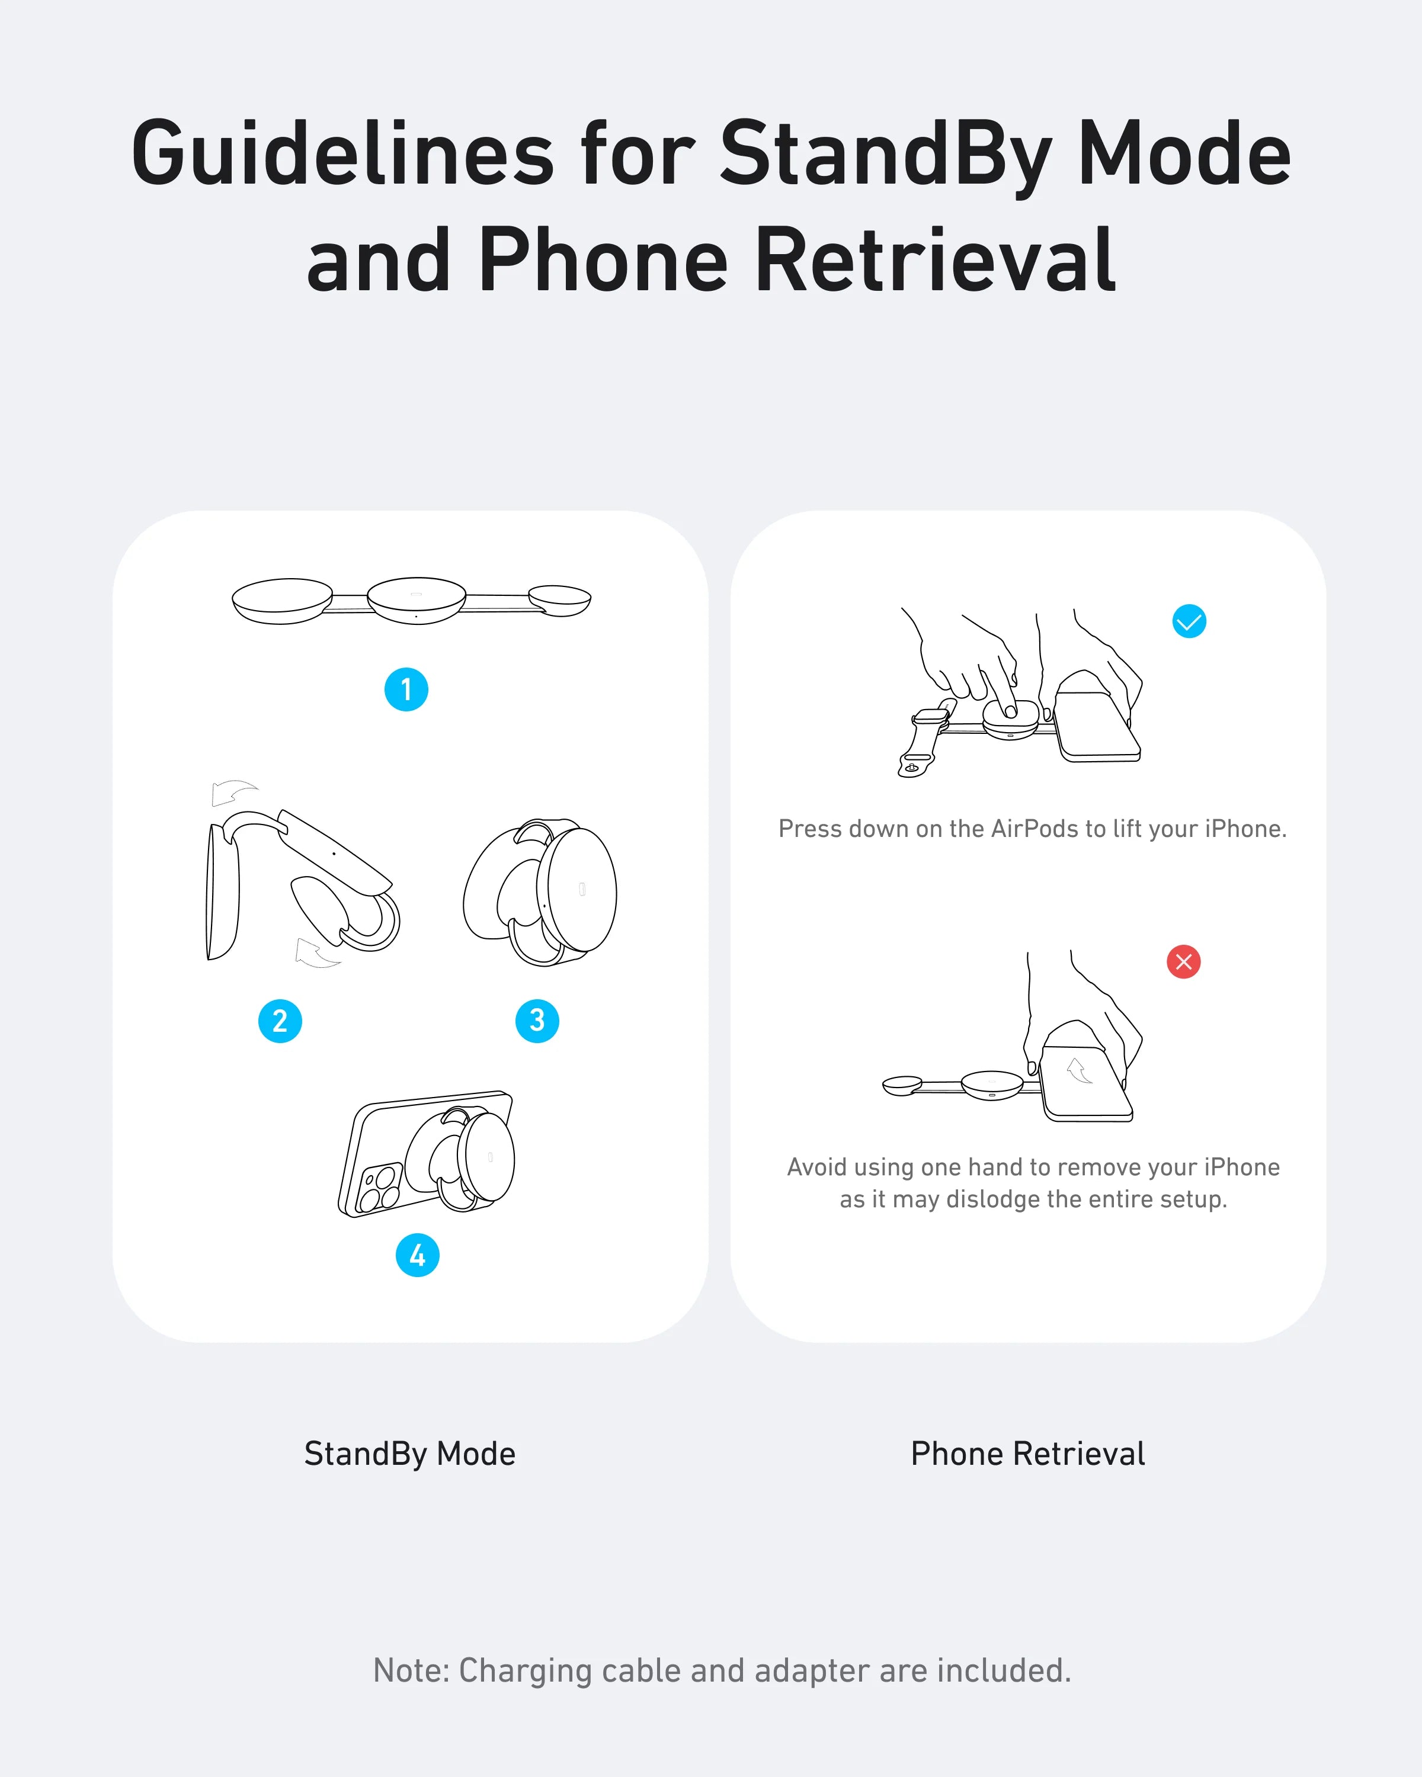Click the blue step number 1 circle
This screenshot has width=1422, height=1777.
[406, 689]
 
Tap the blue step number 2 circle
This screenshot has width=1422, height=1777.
[280, 1021]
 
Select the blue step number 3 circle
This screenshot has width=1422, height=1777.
[537, 1021]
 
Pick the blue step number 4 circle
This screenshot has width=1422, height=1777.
[418, 1255]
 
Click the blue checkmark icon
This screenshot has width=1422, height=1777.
[1190, 621]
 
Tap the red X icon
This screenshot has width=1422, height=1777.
[1184, 962]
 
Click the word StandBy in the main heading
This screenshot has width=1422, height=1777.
[885, 154]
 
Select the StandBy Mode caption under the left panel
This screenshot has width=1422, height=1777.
[409, 1455]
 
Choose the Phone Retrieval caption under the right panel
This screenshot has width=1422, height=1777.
[1028, 1455]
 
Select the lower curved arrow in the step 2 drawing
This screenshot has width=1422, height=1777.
[315, 954]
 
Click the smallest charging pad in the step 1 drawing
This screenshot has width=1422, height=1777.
[560, 599]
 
